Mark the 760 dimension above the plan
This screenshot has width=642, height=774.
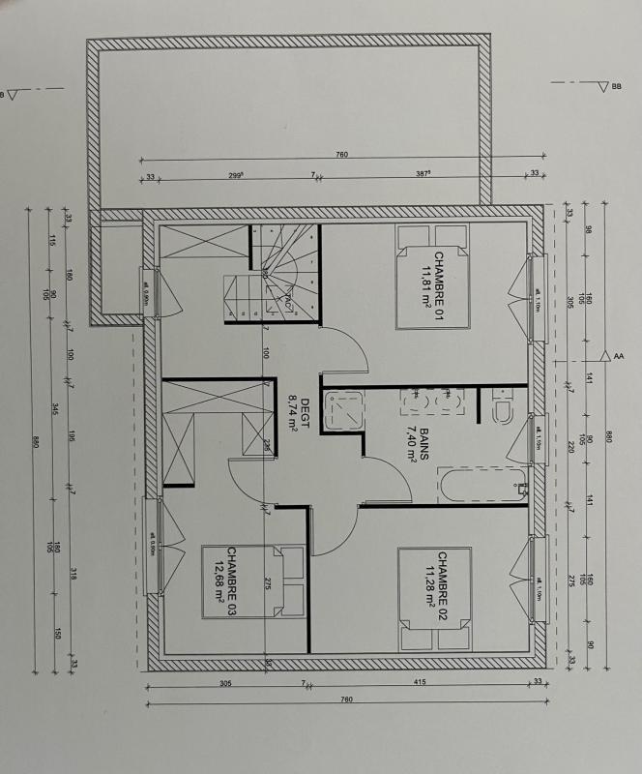(x=341, y=155)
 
